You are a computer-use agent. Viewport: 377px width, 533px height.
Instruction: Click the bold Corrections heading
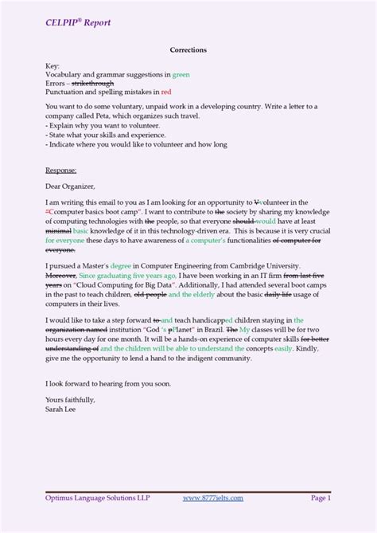pos(188,49)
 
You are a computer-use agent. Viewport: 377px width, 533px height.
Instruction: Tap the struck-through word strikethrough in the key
pos(93,83)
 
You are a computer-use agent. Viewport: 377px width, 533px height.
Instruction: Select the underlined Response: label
pos(61,170)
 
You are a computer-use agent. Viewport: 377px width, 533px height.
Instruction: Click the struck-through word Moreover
pos(61,275)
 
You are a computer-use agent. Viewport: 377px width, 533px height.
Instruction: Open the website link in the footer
pos(212,498)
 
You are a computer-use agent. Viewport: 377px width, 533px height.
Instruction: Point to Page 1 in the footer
pos(320,498)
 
